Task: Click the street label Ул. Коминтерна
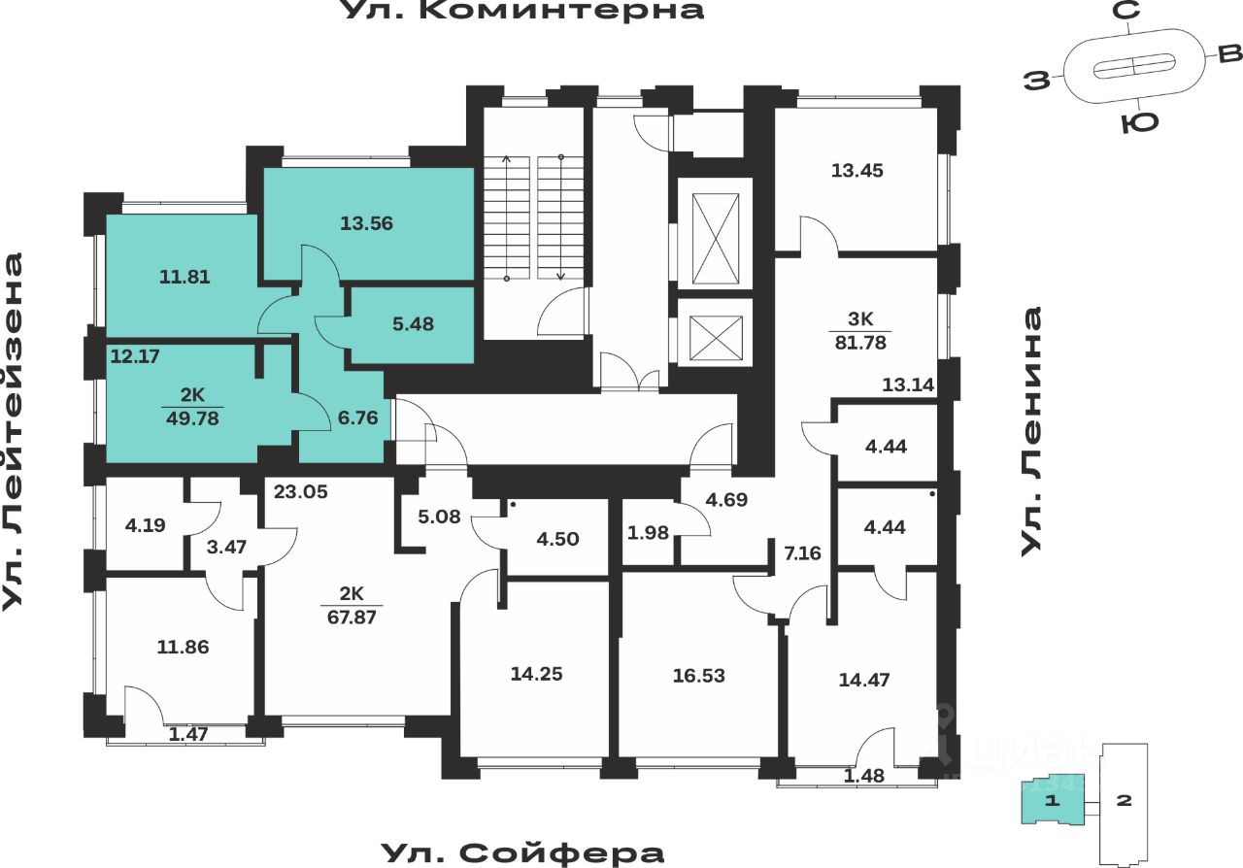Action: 522,12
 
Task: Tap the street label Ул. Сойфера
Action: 522,853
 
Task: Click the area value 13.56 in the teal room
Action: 366,223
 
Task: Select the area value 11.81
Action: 185,277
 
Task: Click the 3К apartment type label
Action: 860,317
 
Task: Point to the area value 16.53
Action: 699,674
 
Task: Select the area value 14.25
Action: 536,674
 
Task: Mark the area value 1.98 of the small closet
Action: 648,531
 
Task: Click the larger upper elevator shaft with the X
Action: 714,234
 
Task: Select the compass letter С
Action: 1126,12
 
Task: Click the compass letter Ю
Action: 1132,123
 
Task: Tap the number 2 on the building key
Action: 1125,802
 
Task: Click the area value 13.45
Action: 857,171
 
